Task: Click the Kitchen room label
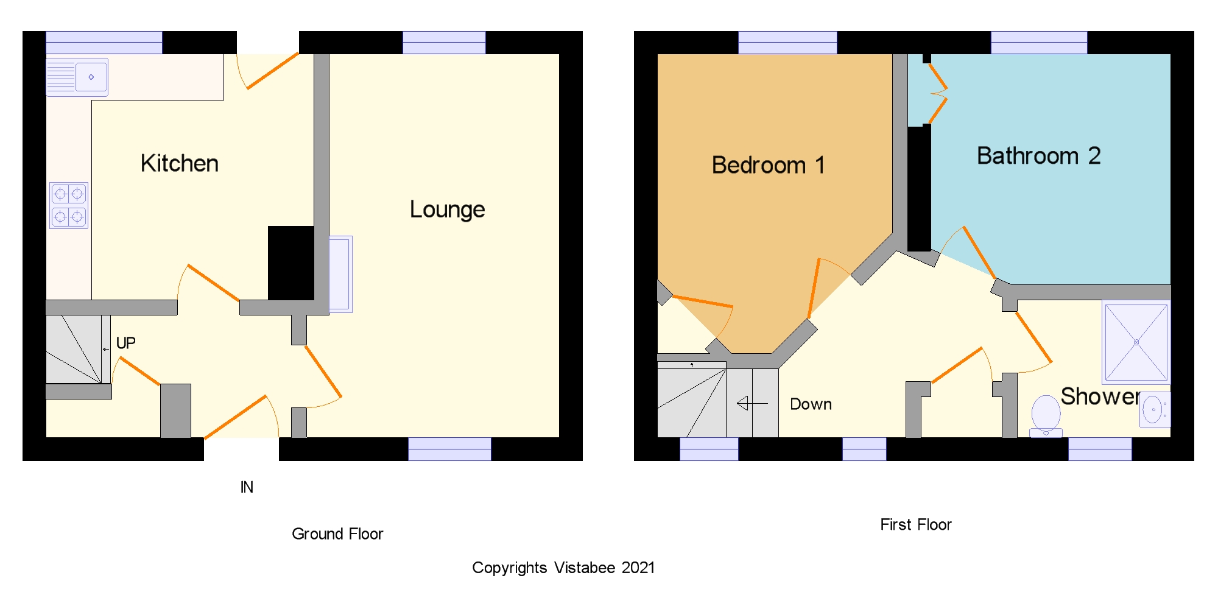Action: (x=180, y=163)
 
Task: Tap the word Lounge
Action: (x=448, y=209)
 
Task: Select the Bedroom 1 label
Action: (x=769, y=165)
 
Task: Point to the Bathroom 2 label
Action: (x=1039, y=156)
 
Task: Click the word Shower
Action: (x=1100, y=396)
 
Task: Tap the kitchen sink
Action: (x=77, y=77)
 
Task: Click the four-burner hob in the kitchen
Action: (x=69, y=205)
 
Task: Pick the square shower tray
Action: (x=1136, y=343)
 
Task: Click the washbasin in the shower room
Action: (x=1155, y=409)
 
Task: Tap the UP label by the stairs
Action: (x=126, y=343)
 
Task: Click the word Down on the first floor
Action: (x=811, y=404)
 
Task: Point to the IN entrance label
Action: (x=247, y=487)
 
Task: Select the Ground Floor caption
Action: (x=337, y=534)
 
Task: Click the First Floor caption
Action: (x=916, y=524)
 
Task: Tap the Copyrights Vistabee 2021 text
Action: (x=563, y=568)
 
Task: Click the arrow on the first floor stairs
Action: (x=752, y=403)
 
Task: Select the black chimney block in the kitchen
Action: (x=291, y=263)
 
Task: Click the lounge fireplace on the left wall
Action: (x=340, y=274)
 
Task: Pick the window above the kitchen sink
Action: (x=104, y=43)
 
